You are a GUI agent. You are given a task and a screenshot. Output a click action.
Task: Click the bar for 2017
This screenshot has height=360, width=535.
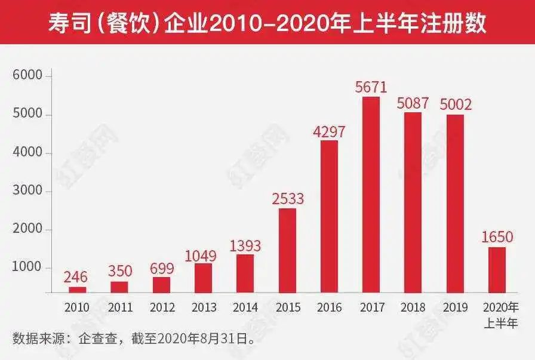371,195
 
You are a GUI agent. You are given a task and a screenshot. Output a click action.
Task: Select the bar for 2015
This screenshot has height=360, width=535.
287,250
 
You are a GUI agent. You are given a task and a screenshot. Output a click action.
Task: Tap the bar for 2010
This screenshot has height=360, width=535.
78,290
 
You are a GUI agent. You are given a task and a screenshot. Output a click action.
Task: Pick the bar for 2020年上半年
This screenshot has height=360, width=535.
497,270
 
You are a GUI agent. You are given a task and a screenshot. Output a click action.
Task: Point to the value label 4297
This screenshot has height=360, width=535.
329,130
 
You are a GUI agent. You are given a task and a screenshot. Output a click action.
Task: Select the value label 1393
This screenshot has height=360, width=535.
245,245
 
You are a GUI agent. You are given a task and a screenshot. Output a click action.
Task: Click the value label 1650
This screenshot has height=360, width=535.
497,237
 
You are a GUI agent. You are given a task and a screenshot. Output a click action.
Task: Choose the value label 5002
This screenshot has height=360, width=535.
455,104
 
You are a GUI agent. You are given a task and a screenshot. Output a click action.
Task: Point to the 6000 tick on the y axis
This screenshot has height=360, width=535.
27,76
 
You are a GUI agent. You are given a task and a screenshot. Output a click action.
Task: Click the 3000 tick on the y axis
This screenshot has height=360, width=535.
27,192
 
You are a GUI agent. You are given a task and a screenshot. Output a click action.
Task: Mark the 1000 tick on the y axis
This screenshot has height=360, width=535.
27,268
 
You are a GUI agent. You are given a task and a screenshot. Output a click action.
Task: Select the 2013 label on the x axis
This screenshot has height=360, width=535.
204,308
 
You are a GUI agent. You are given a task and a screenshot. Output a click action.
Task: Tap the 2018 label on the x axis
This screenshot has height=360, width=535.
413,308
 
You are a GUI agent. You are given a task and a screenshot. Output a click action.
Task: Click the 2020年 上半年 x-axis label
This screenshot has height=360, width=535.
500,315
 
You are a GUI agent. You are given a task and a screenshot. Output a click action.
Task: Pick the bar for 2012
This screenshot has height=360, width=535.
161,285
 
